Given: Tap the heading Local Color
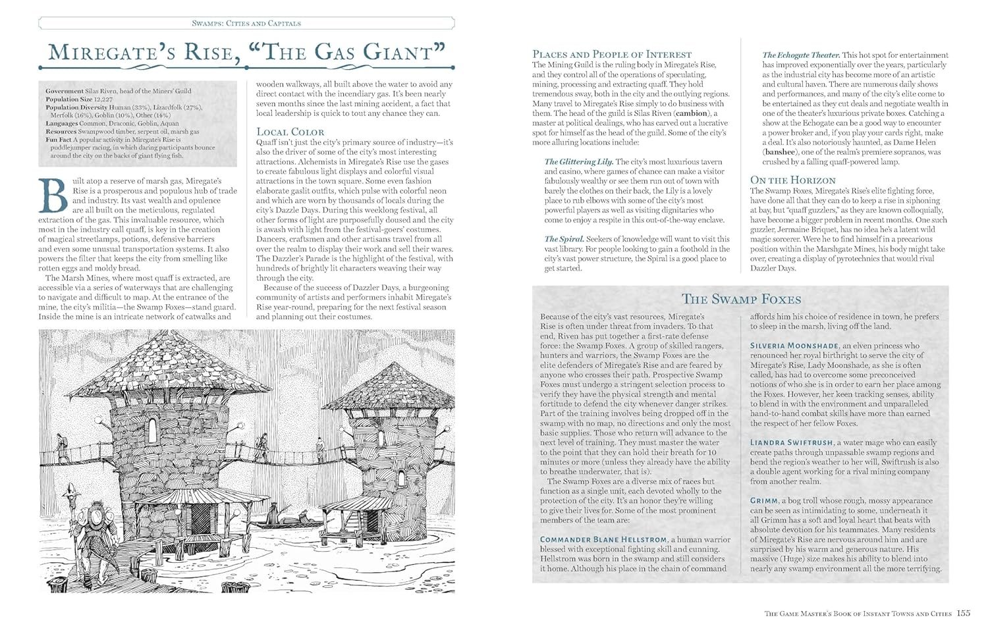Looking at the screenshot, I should (290, 132).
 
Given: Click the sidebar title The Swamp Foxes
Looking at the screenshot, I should (741, 300).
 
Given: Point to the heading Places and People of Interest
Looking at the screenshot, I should (612, 55).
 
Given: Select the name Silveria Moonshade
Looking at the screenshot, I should (795, 346).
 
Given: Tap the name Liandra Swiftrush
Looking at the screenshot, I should (791, 442).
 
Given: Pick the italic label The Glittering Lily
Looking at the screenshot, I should (579, 161).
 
